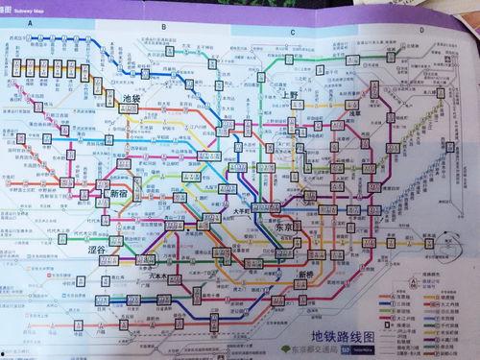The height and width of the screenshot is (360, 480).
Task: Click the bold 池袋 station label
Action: coord(132,99)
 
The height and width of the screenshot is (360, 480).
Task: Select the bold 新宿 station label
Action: coord(118,193)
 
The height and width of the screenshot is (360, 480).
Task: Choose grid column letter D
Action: coord(420,30)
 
